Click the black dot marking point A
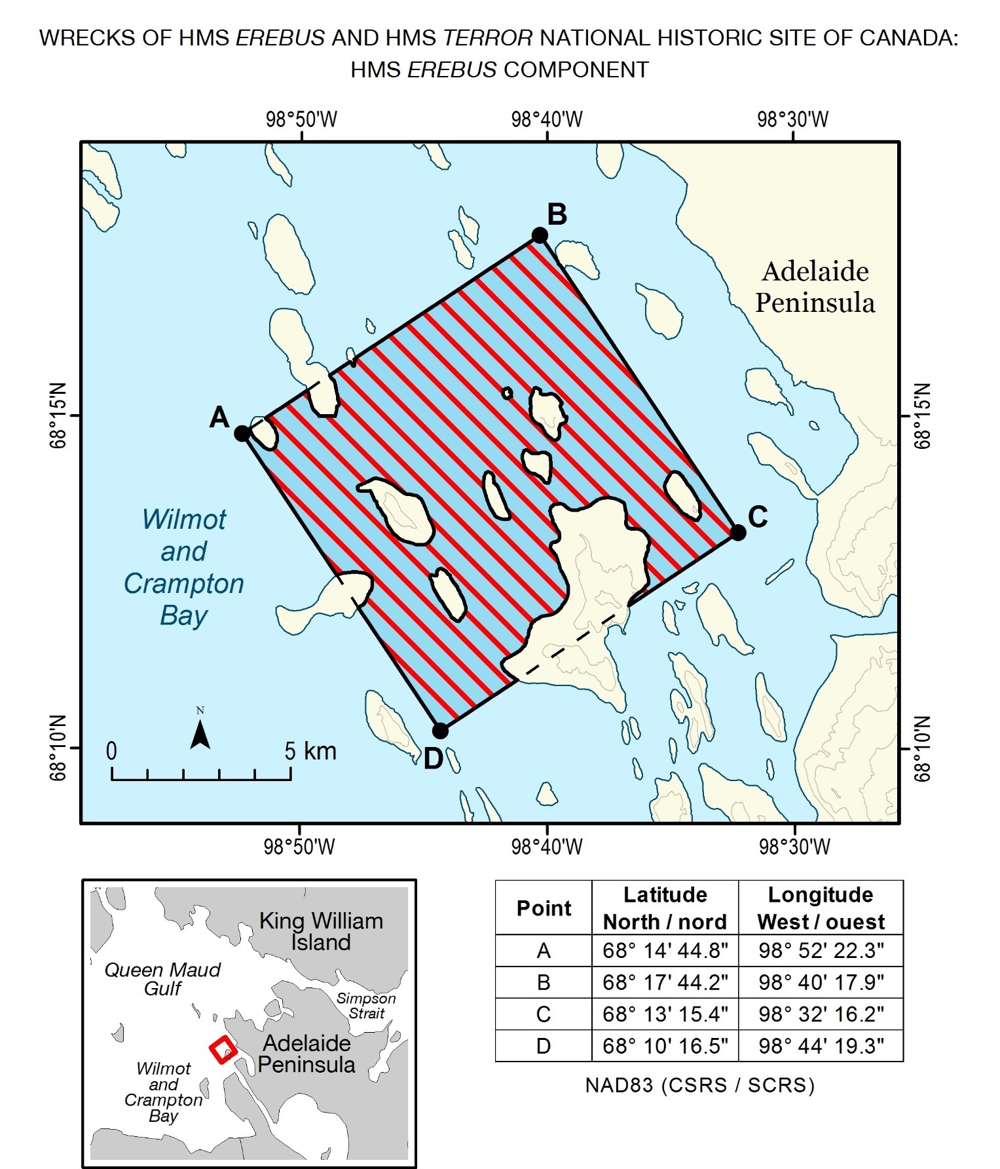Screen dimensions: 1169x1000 [242, 433]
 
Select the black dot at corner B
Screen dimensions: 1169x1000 [540, 235]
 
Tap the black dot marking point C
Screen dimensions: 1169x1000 [738, 533]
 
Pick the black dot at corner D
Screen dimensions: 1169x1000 [440, 731]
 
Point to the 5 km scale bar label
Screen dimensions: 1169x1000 [310, 751]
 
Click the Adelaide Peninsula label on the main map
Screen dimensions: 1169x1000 [815, 287]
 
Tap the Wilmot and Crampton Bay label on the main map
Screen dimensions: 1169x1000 [184, 567]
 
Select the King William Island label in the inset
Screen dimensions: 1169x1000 [321, 931]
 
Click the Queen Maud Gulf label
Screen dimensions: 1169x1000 [162, 979]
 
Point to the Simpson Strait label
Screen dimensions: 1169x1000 [366, 1006]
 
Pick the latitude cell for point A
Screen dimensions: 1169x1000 [665, 951]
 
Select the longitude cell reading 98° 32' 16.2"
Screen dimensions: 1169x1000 [821, 1014]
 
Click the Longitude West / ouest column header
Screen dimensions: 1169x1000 [821, 908]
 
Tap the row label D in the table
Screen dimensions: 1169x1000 [543, 1046]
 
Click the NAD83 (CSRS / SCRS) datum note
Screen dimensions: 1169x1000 [699, 1086]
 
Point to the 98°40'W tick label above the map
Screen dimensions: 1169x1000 [547, 120]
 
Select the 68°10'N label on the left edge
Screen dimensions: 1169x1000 [58, 748]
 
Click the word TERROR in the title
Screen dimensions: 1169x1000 [488, 38]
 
